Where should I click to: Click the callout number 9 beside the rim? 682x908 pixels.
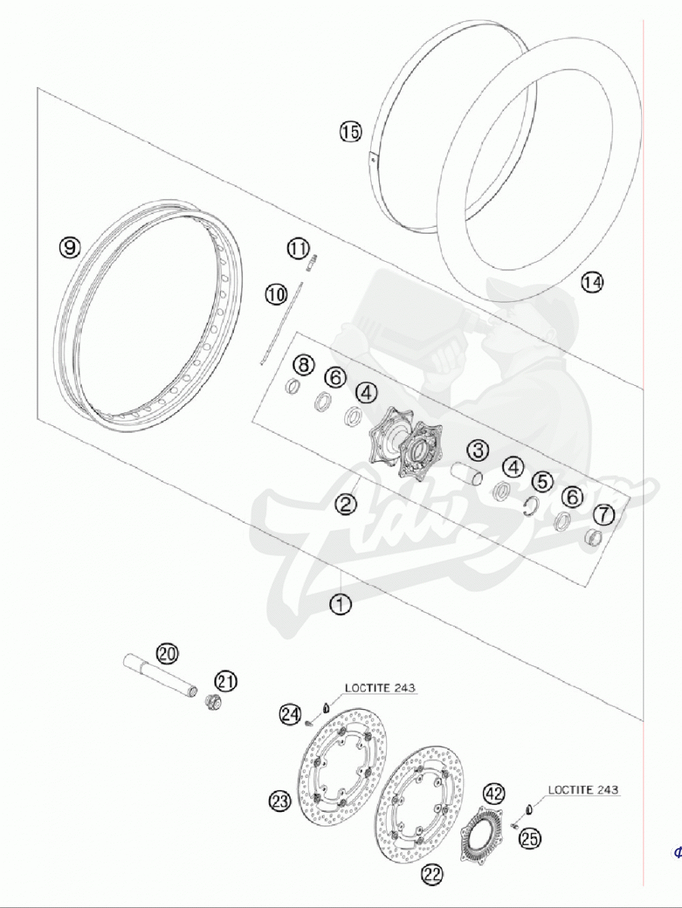point(70,247)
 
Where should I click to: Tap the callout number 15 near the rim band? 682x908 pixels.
point(350,132)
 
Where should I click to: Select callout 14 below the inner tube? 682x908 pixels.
point(593,282)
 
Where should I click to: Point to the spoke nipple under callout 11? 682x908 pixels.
point(310,263)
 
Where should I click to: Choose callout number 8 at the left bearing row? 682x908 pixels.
point(304,366)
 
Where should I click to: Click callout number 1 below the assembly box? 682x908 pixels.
point(341,605)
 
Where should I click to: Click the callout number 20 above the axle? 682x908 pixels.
point(167,652)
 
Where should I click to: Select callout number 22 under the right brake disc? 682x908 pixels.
point(431,875)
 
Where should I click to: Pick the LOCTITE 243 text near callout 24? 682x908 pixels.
point(381,687)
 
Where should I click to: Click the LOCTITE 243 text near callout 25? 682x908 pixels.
point(583,789)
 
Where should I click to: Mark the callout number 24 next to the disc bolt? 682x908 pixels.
point(289,713)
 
